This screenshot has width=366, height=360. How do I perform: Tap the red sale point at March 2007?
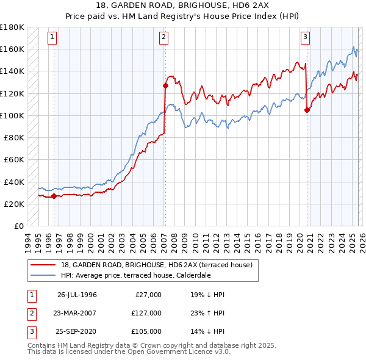(x=165, y=85)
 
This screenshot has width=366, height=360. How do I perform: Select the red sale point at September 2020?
(x=306, y=110)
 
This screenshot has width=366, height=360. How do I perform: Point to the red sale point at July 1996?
(x=54, y=196)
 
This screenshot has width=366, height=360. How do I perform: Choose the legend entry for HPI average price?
(x=134, y=275)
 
